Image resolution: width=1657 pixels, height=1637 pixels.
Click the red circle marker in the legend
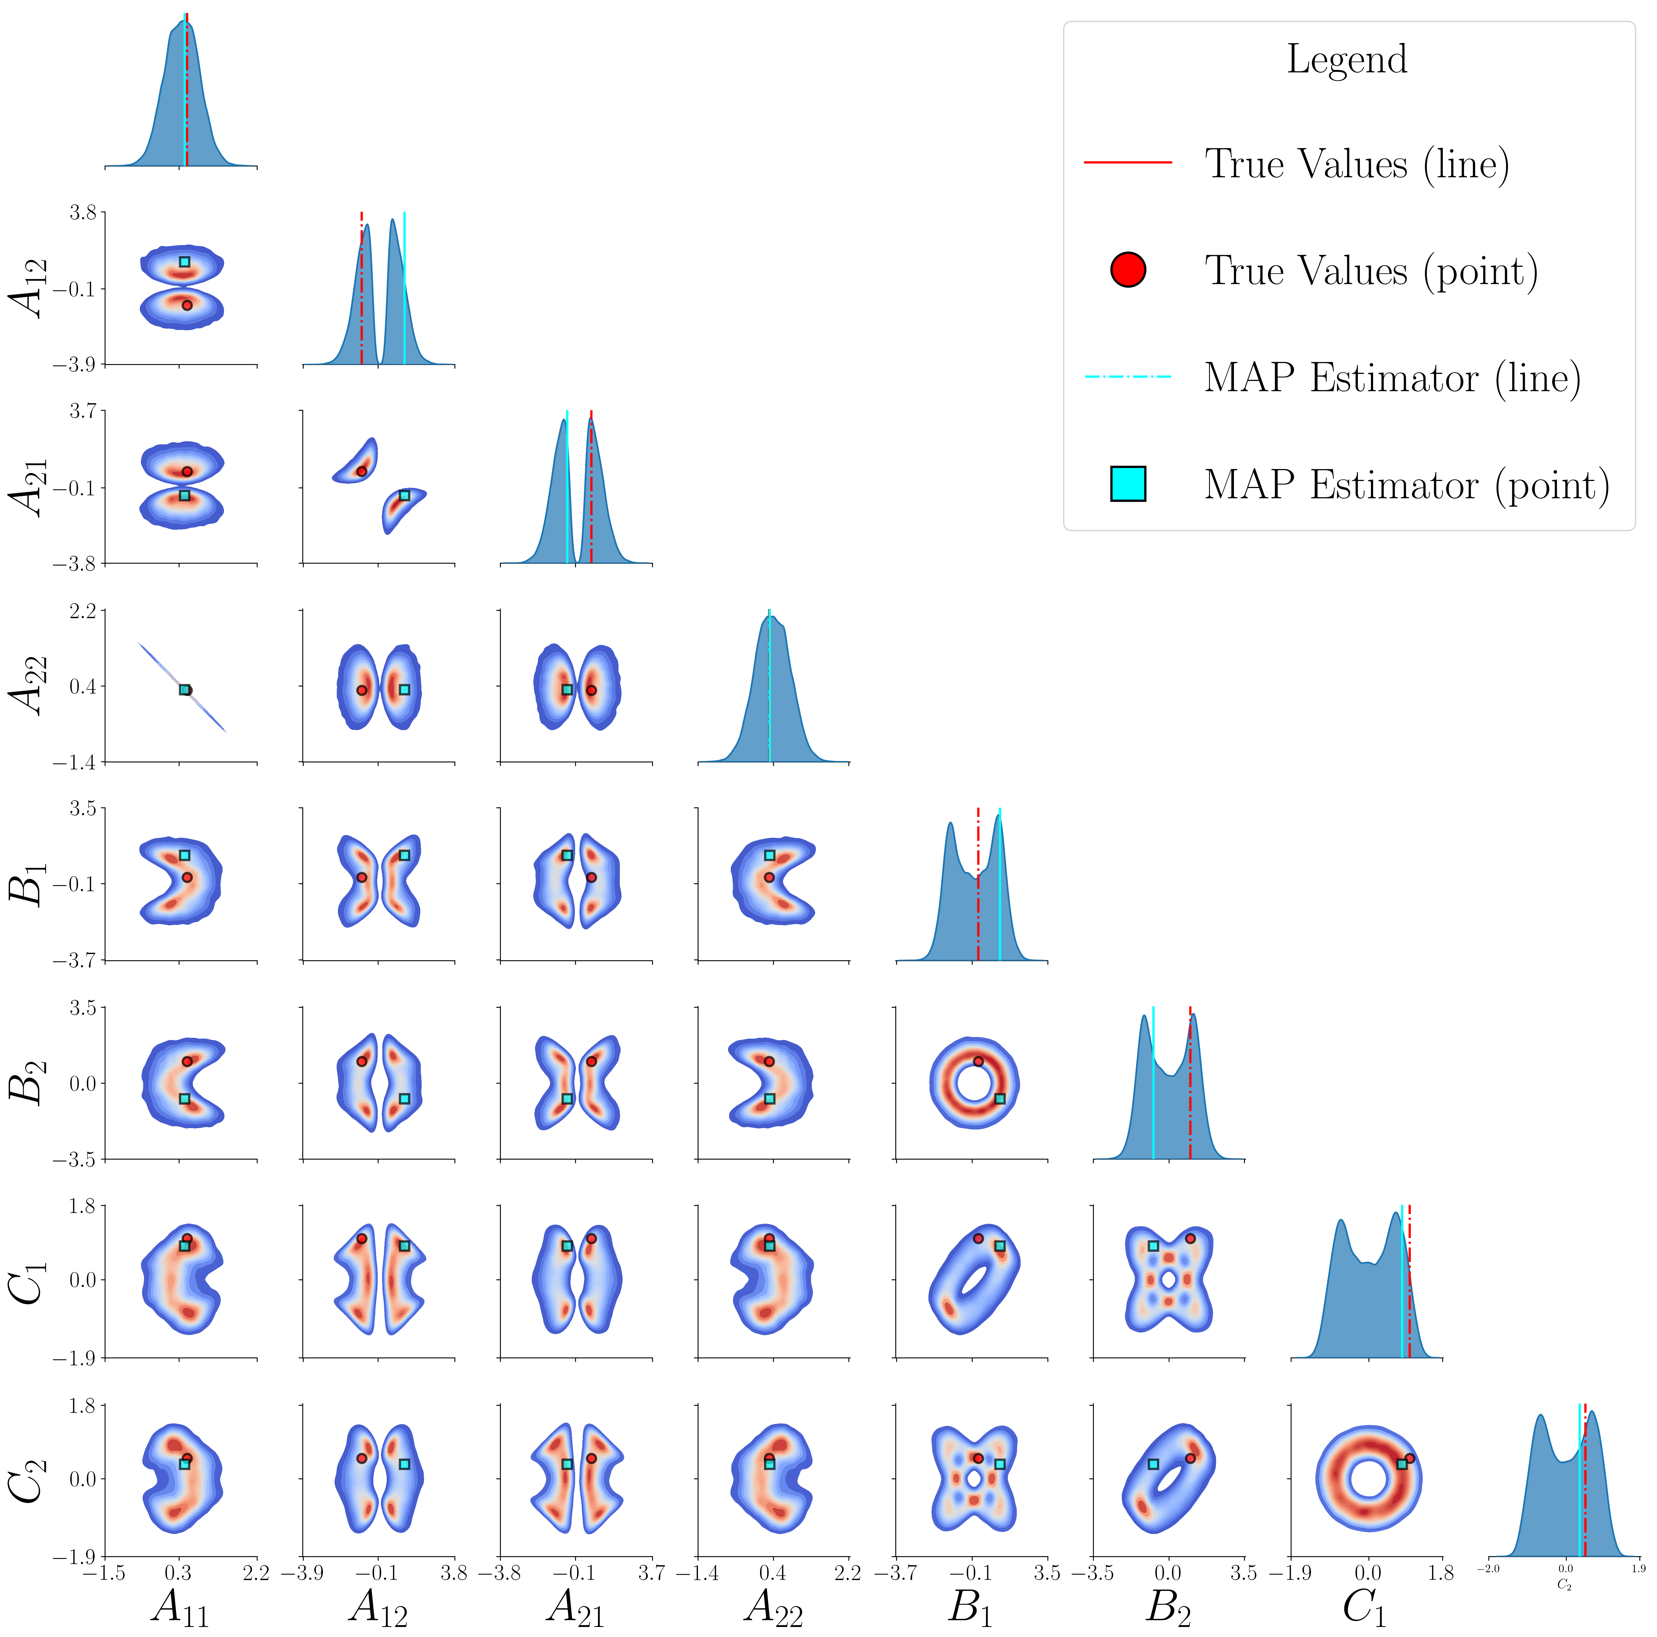pyautogui.click(x=1128, y=270)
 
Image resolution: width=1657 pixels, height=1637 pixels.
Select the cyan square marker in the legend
pyautogui.click(x=1128, y=484)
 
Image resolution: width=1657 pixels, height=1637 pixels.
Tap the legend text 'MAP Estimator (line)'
pyautogui.click(x=1392, y=378)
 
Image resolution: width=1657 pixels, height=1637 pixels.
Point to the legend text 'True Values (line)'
pyautogui.click(x=1357, y=164)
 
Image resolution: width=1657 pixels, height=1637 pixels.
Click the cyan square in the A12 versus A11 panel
pyautogui.click(x=184, y=262)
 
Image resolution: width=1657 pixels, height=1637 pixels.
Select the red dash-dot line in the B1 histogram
pyautogui.click(x=978, y=883)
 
